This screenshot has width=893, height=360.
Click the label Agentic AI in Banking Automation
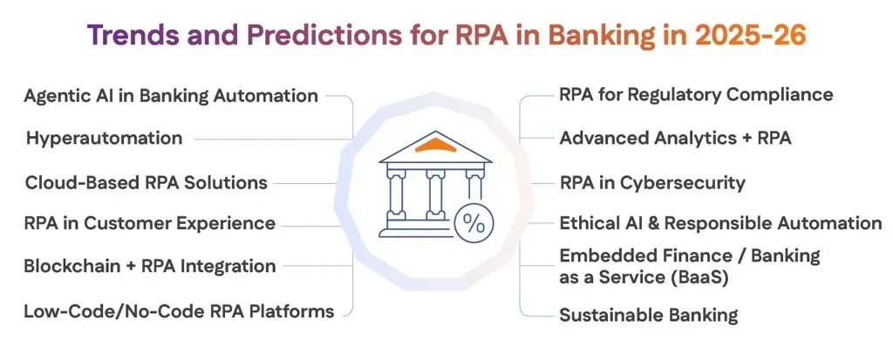pos(171,96)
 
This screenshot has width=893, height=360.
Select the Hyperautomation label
pos(104,138)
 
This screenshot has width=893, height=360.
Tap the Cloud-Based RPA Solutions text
pos(146,182)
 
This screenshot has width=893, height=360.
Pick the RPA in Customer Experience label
pos(149,223)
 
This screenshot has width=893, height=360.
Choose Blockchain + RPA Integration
pos(150,266)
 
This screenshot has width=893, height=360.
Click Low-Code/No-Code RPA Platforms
pos(179,310)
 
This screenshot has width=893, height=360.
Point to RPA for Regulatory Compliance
pos(696,95)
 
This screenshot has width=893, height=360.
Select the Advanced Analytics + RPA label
pos(675,138)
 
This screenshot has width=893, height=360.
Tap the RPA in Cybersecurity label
pos(652,182)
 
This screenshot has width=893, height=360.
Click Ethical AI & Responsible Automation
pos(720,223)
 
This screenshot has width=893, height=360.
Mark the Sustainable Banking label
pos(648,315)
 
